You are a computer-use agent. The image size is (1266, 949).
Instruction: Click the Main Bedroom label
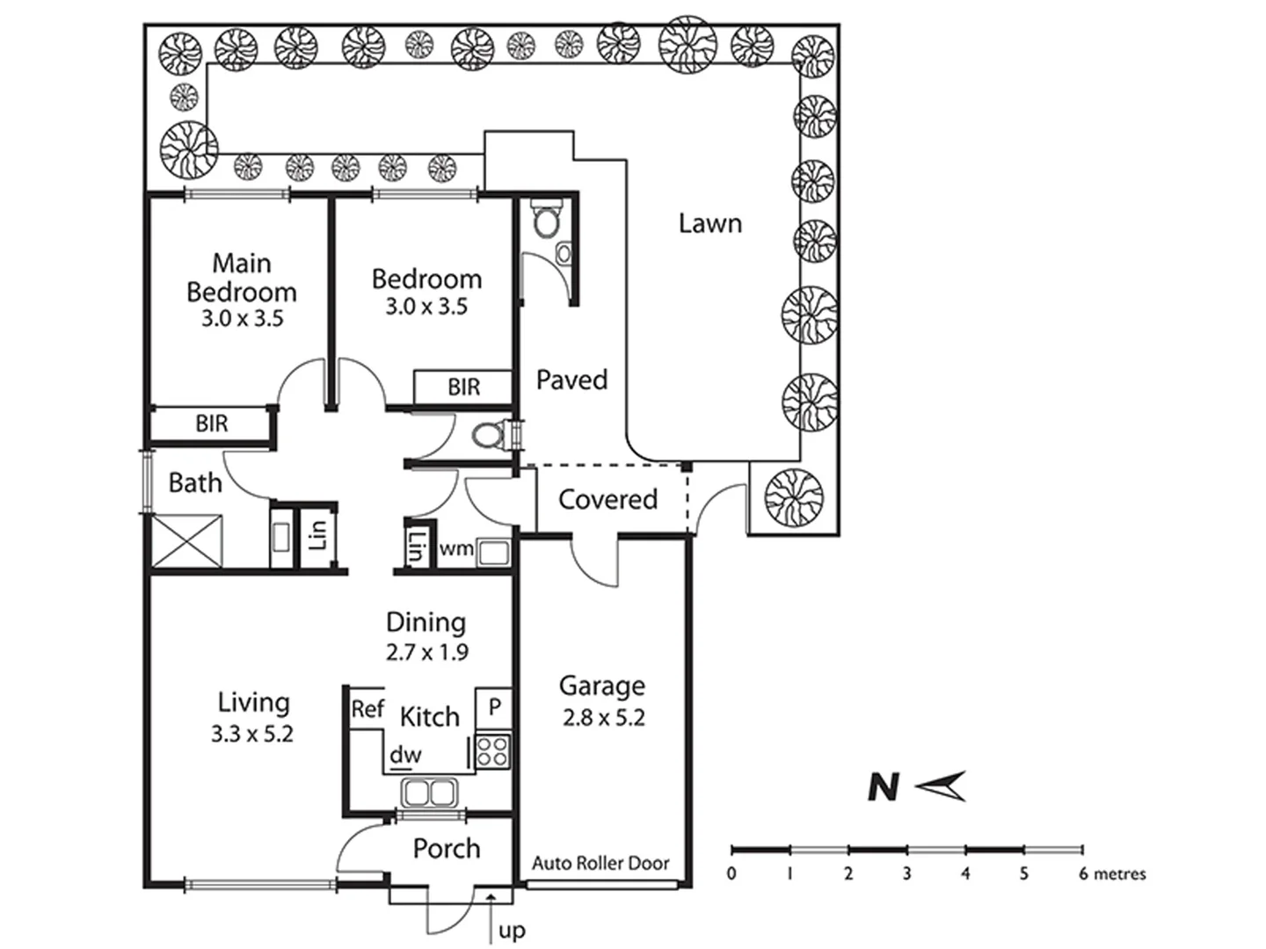[242, 277]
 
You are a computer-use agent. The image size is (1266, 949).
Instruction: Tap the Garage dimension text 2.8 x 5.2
[603, 718]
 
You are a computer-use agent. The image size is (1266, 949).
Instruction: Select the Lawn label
[709, 223]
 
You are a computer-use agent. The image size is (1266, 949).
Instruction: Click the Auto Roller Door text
[600, 864]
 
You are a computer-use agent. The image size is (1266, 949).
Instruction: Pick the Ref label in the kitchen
[367, 708]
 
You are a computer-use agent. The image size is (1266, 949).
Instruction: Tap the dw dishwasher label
[405, 754]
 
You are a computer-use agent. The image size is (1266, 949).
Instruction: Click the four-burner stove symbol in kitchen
[492, 752]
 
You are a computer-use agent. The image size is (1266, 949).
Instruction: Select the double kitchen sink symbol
[429, 793]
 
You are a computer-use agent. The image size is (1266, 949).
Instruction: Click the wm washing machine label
[456, 549]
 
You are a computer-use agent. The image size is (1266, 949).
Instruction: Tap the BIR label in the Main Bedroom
[211, 424]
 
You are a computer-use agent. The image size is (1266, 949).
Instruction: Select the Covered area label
[608, 499]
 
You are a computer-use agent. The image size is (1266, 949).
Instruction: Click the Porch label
[447, 848]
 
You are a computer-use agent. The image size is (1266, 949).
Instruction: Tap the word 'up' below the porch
[512, 931]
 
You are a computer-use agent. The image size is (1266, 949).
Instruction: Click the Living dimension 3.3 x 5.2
[251, 734]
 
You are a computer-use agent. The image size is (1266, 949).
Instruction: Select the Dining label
[426, 622]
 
